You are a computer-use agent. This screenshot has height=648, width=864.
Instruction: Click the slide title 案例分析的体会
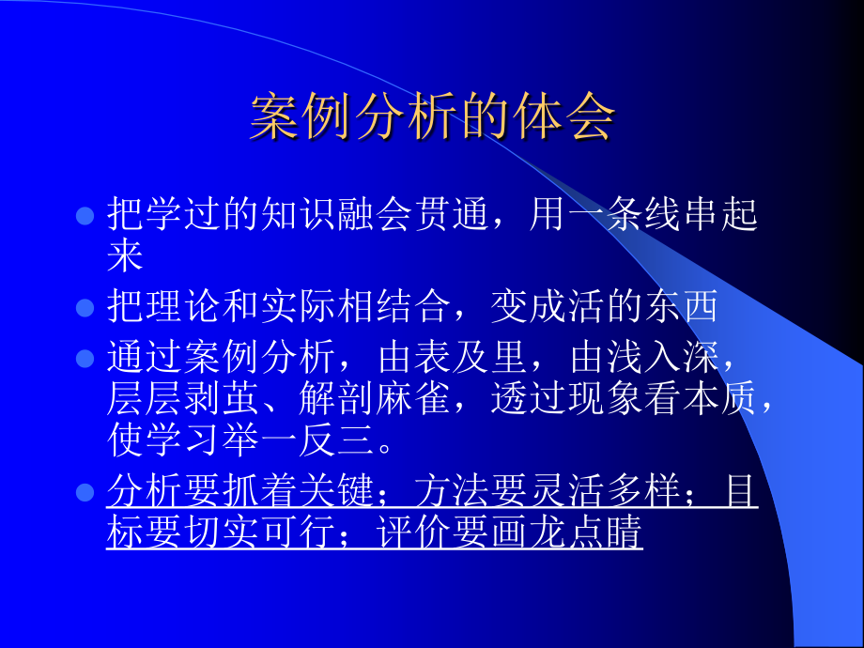click(x=432, y=117)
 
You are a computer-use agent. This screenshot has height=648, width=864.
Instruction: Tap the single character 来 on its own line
click(x=124, y=256)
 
